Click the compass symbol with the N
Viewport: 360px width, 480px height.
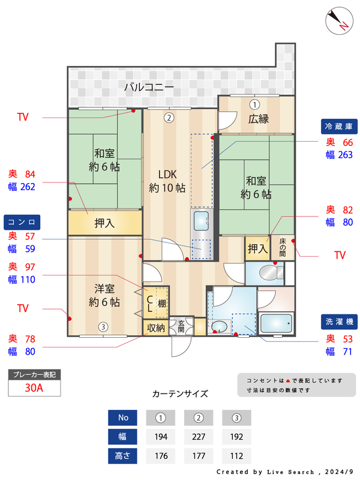point(339,21)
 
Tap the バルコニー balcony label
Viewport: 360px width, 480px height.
point(149,87)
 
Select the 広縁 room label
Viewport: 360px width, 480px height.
point(259,119)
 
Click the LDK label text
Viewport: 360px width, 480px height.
point(167,175)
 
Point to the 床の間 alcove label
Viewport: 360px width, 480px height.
point(283,248)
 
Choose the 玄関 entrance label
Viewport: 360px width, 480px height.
point(181,326)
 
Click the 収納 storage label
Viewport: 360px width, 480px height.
point(156,328)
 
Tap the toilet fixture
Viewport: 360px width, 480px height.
point(271,272)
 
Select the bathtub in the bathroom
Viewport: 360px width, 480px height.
point(276,323)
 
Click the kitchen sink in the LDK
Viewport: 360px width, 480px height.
point(202,221)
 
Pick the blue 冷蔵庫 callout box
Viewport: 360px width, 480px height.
point(339,127)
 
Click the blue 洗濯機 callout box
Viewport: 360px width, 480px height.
point(339,322)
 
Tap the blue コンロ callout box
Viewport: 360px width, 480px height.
point(22,222)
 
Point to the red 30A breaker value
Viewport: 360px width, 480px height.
point(34,388)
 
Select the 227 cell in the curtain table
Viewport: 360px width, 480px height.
point(199,437)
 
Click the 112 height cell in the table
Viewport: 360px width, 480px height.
point(236,456)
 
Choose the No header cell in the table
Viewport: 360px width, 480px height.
point(122,418)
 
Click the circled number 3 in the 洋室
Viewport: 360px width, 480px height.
point(103,327)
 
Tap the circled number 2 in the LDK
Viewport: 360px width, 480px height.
point(169,118)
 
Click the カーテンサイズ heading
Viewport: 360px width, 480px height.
point(180,394)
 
